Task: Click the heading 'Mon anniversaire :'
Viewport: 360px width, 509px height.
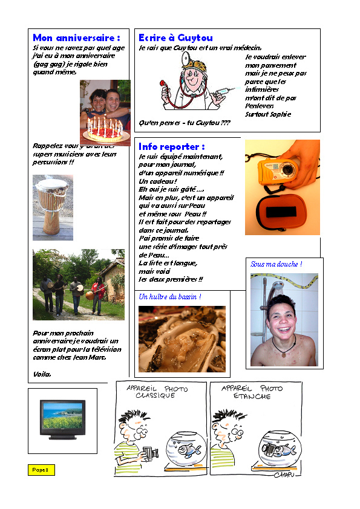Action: click(80, 38)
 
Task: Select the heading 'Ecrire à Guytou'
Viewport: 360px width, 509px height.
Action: click(175, 38)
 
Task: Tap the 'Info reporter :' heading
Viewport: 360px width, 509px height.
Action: click(172, 147)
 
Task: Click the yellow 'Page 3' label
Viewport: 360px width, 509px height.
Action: click(41, 470)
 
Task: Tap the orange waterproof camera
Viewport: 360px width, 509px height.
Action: click(277, 168)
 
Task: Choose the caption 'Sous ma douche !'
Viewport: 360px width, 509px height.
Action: click(276, 264)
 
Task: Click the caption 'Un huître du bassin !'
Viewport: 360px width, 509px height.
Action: click(170, 297)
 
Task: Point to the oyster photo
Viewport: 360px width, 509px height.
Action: click(182, 339)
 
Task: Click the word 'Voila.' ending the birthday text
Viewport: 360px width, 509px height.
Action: click(42, 374)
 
